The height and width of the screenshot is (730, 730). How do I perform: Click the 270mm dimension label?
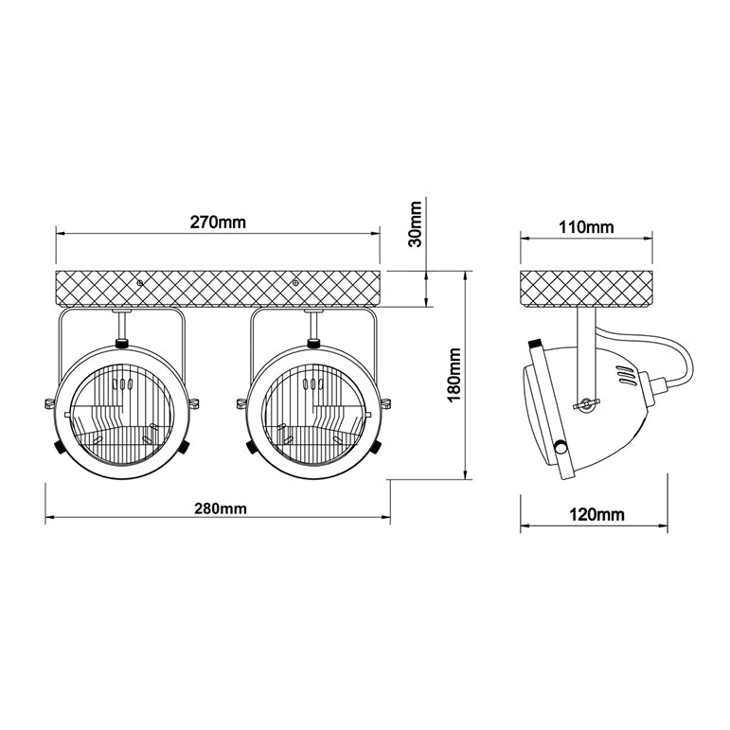point(218,223)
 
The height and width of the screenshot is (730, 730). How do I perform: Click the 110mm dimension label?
point(586,227)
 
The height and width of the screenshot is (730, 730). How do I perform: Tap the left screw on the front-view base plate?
point(140,281)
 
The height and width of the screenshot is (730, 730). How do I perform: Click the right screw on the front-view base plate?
point(296,281)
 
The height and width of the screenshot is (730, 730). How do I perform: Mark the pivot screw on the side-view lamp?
point(588,404)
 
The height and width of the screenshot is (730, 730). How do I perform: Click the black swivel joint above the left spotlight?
point(121,341)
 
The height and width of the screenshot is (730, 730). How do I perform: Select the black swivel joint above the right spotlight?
point(313,341)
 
